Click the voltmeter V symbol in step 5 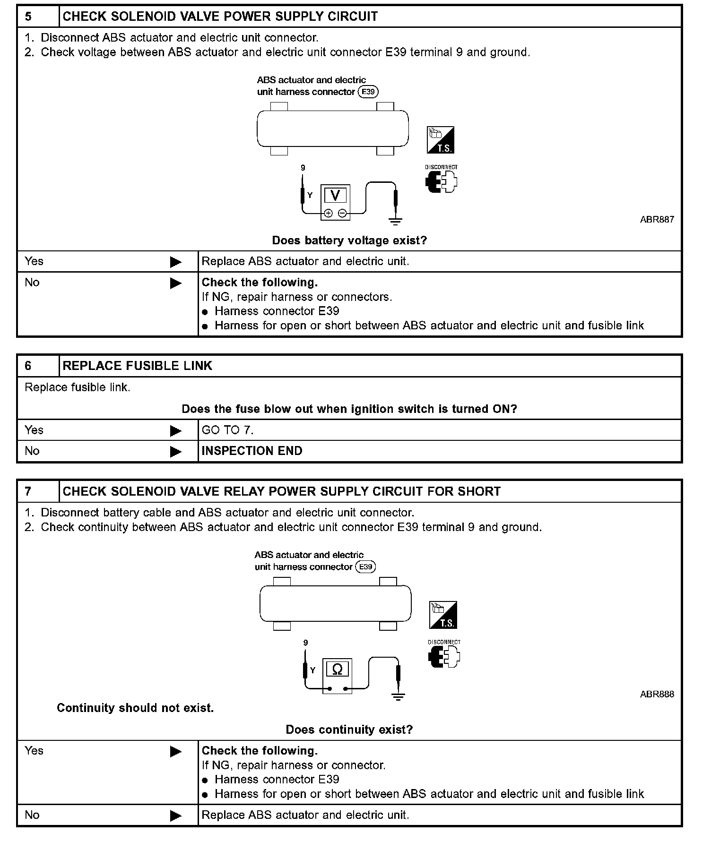pyautogui.click(x=335, y=195)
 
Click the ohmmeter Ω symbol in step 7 pyautogui.click(x=338, y=669)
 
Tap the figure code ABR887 pyautogui.click(x=657, y=219)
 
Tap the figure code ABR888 pyautogui.click(x=657, y=694)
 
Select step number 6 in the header pyautogui.click(x=28, y=366)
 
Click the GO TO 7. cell pyautogui.click(x=228, y=430)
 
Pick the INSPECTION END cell pyautogui.click(x=252, y=451)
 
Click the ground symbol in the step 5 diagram pyautogui.click(x=396, y=221)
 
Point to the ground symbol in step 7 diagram pyautogui.click(x=399, y=696)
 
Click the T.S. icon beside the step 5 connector pyautogui.click(x=441, y=140)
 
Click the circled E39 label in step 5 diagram pyautogui.click(x=368, y=92)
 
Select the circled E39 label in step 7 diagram pyautogui.click(x=365, y=566)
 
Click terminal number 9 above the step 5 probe pyautogui.click(x=303, y=168)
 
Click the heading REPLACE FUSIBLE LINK pyautogui.click(x=138, y=366)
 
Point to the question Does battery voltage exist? pyautogui.click(x=349, y=240)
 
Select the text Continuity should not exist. pyautogui.click(x=135, y=708)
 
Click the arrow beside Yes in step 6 pyautogui.click(x=175, y=430)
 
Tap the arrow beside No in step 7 pyautogui.click(x=175, y=815)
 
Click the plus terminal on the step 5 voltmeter pyautogui.click(x=329, y=213)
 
